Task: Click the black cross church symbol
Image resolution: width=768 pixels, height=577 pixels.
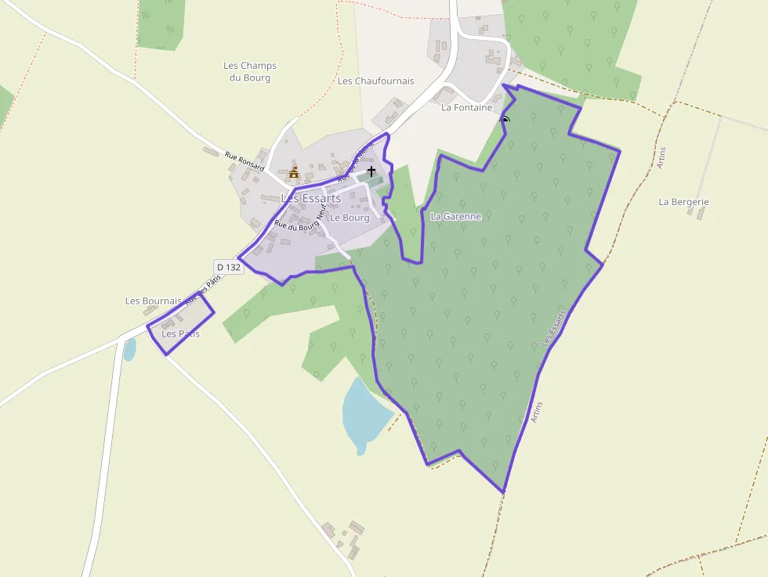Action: [x=371, y=170]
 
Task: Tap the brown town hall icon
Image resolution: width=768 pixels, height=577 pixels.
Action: [x=295, y=172]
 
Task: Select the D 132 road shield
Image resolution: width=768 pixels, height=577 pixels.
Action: [x=228, y=267]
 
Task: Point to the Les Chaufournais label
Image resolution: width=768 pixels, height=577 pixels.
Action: [x=375, y=81]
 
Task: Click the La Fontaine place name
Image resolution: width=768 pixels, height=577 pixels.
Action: [x=466, y=107]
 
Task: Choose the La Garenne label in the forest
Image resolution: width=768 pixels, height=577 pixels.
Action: [x=455, y=216]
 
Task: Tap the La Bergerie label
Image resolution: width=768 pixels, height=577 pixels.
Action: [x=683, y=202]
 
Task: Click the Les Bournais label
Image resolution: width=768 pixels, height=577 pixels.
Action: [x=153, y=301]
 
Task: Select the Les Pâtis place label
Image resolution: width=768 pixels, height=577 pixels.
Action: [x=180, y=334]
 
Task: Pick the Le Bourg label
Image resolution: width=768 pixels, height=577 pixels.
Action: [x=349, y=218]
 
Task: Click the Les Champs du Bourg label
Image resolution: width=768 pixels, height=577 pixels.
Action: [x=250, y=71]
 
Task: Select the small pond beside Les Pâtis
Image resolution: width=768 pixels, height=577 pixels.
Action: [x=129, y=349]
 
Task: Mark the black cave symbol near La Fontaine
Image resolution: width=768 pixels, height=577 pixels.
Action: [x=505, y=121]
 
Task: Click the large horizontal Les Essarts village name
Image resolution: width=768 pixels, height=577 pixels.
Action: [x=311, y=198]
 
